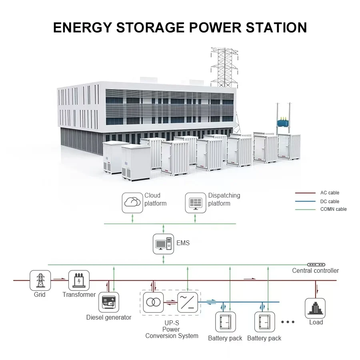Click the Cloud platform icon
pyautogui.click(x=132, y=202)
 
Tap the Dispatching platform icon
pyautogui.click(x=196, y=202)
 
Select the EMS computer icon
pyautogui.click(x=164, y=244)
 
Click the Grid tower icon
pyautogui.click(x=40, y=280)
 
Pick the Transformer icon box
pyautogui.click(x=79, y=280)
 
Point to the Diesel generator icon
pyautogui.click(x=109, y=302)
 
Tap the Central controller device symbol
pyautogui.click(x=316, y=265)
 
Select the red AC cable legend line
pyautogui.click(x=305, y=193)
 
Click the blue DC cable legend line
pyautogui.click(x=305, y=202)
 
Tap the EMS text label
pyautogui.click(x=183, y=243)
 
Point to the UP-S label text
pyautogui.click(x=171, y=323)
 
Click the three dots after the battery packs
pyautogui.click(x=288, y=322)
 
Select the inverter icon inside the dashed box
pyautogui.click(x=187, y=302)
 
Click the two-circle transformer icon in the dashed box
pyautogui.click(x=153, y=302)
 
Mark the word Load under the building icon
pyautogui.click(x=316, y=322)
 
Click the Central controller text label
pyautogui.click(x=315, y=271)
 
